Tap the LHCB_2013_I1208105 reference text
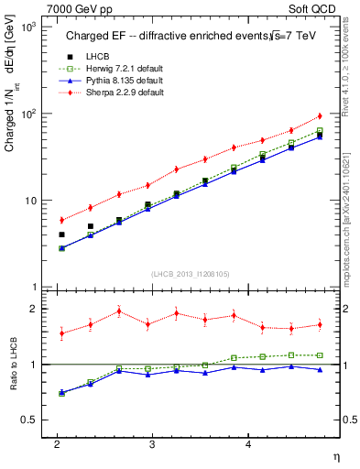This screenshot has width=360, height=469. point(191,274)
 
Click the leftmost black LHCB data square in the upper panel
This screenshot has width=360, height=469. point(61,234)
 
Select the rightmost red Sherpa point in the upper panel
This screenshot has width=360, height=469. point(320,115)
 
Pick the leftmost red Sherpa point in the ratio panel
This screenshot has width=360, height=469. point(61,333)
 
